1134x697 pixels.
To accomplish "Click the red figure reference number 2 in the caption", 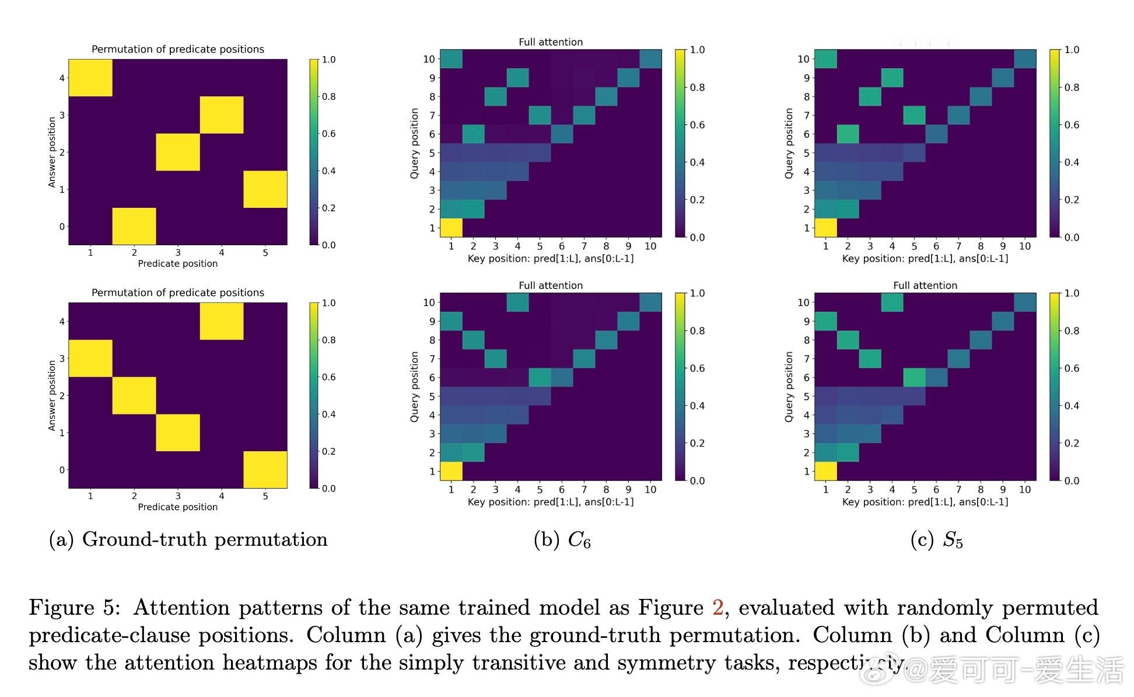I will click(x=717, y=608).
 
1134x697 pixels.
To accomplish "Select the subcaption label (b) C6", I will click(x=562, y=540).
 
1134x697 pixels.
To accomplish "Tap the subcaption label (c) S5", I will click(x=936, y=540).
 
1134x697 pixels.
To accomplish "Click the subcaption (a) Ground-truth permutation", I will click(x=188, y=539).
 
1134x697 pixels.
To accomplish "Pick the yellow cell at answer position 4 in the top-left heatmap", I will click(x=90, y=78).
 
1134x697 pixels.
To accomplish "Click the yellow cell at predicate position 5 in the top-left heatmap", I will click(x=265, y=189).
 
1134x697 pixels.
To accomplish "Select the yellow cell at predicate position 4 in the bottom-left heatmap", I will click(x=222, y=321).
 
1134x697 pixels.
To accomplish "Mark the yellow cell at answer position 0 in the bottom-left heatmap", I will click(x=265, y=469).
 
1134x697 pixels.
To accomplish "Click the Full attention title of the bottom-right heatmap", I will click(x=925, y=285).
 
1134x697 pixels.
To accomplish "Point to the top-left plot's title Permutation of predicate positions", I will click(x=178, y=50).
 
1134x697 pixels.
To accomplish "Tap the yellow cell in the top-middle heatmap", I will click(x=451, y=228).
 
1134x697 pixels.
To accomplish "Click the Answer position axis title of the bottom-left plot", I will click(x=52, y=395).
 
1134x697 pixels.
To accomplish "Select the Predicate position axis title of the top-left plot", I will click(x=178, y=264).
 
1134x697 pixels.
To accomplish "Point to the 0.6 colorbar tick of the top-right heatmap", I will click(x=1072, y=125).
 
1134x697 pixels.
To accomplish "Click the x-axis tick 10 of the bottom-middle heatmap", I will click(x=650, y=490).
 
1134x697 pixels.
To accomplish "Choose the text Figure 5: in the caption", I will click(x=75, y=608).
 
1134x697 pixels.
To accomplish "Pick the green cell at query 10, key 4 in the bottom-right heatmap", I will click(x=892, y=302).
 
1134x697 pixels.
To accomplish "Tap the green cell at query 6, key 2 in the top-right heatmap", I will click(x=848, y=134).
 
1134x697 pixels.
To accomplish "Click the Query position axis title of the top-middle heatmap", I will click(x=415, y=143).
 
